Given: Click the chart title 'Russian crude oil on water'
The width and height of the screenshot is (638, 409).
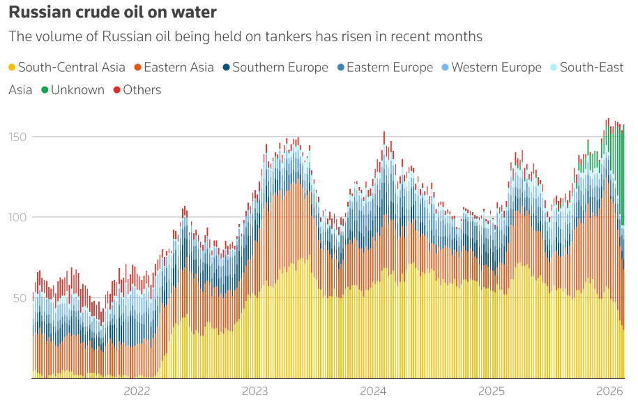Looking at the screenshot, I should click(112, 13).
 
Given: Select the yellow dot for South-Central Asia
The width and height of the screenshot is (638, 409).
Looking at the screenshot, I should click(12, 68).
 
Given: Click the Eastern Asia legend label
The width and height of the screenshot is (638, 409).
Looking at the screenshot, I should click(179, 68).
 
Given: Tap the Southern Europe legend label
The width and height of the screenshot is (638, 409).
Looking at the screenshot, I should click(280, 68).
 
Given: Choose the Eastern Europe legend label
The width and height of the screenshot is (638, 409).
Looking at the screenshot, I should click(390, 68).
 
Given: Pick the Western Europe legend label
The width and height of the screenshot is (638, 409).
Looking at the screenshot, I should click(496, 68).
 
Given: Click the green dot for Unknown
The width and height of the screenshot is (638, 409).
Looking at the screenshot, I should click(45, 90).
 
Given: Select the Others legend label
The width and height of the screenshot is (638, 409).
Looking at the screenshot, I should click(142, 90).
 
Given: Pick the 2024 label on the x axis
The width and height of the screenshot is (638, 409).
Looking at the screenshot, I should click(374, 391).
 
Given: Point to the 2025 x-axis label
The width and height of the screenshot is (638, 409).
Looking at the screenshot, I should click(492, 391).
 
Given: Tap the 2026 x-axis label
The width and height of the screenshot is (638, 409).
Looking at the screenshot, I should click(609, 391).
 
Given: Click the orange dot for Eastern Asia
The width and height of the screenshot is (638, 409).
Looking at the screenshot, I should click(137, 68).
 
